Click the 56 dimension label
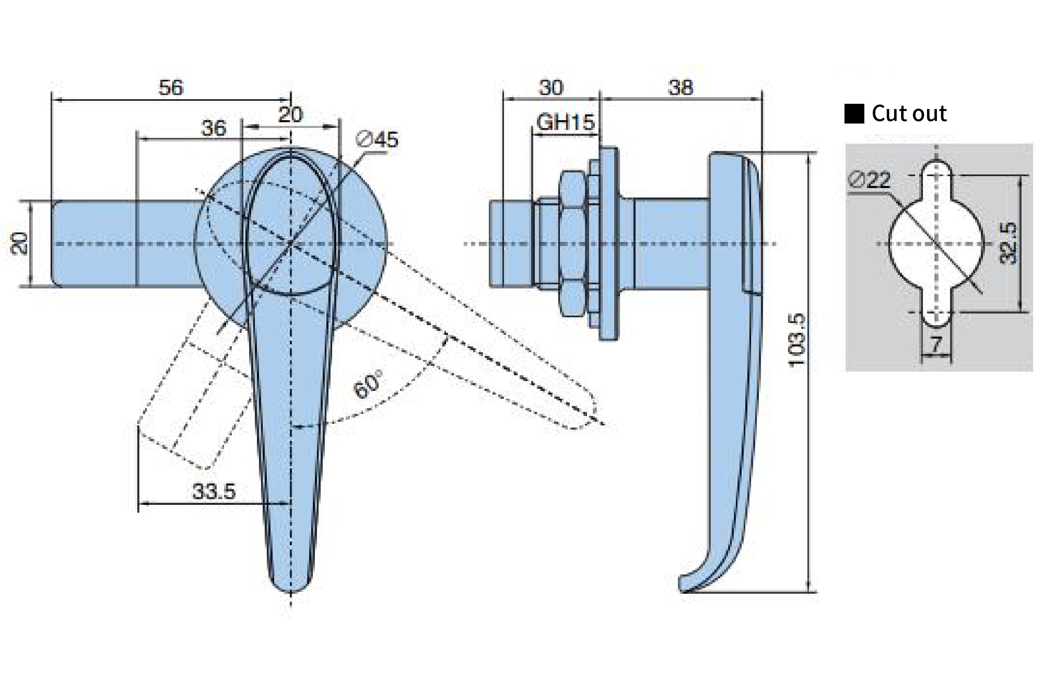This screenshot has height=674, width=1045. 171,88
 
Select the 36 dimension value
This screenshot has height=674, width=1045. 213,128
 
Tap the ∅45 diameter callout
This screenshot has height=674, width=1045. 377,139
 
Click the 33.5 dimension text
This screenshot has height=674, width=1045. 214,491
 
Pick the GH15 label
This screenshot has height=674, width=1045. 565,122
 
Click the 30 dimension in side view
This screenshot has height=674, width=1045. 551,88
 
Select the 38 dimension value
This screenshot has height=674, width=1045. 680,88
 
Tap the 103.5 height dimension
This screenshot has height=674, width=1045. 796,340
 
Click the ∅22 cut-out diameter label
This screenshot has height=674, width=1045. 869,180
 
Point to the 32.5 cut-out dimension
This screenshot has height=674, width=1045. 1008,243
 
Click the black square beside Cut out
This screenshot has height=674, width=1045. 854,114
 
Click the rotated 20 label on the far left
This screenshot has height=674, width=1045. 19,243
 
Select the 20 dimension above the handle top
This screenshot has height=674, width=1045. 290,115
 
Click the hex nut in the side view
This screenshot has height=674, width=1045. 572,243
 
